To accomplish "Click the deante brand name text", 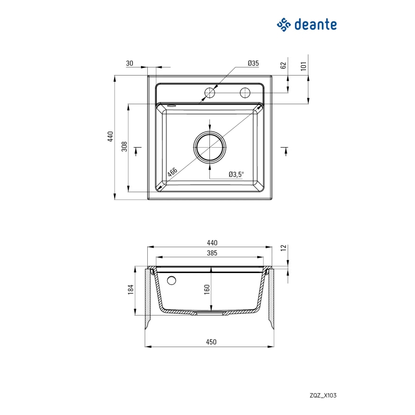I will click(315, 24).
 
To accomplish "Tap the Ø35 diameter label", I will click(253, 64).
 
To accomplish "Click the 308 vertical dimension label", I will click(124, 146).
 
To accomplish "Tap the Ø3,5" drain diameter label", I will click(236, 175).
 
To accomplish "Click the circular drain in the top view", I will click(209, 147).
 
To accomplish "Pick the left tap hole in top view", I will click(209, 92).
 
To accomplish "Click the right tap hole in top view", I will click(245, 92).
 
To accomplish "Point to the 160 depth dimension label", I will click(207, 289).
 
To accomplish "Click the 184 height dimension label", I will click(131, 289).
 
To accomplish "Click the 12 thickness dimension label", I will click(283, 248).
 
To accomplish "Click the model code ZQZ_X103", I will click(323, 395).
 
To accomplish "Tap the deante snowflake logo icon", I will click(284, 24).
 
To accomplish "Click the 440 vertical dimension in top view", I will click(110, 137).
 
